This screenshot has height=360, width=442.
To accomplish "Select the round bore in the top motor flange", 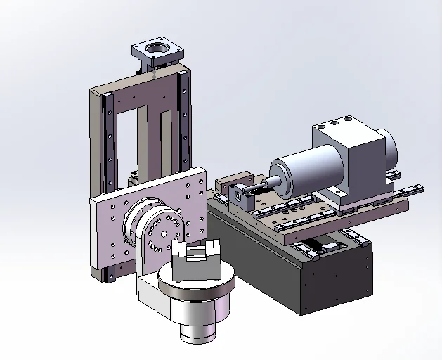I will (x=156, y=50).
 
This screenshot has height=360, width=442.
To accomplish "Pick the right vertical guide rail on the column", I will (x=185, y=120).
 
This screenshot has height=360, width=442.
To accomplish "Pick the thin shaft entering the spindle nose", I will (x=260, y=184).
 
